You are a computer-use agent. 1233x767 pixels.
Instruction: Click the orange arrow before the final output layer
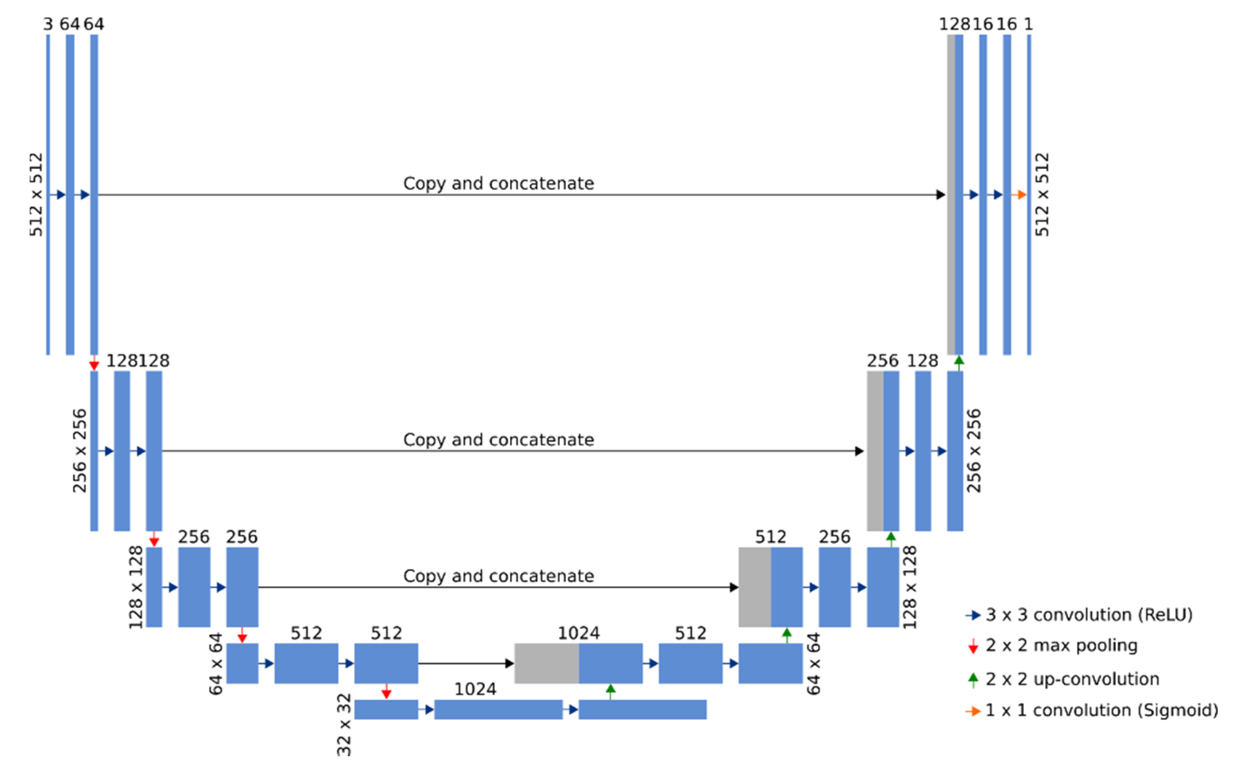click(1018, 195)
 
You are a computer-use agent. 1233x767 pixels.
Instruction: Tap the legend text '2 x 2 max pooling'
click(1061, 645)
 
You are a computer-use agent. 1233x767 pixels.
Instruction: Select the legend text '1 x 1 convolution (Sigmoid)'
click(1101, 710)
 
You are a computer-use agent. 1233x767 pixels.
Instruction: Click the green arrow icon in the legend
click(973, 680)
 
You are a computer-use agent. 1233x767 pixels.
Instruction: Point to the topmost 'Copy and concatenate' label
click(498, 183)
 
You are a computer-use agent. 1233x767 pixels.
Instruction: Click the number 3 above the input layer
click(48, 24)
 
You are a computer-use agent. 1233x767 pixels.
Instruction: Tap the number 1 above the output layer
click(1028, 24)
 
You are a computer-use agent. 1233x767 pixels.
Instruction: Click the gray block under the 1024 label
click(546, 663)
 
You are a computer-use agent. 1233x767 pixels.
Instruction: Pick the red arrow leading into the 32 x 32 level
click(387, 691)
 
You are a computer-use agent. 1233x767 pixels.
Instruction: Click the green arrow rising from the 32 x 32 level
click(611, 691)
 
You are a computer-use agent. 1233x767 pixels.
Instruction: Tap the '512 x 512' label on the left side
click(36, 195)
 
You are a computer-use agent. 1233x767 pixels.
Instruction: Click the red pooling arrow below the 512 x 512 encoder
click(94, 363)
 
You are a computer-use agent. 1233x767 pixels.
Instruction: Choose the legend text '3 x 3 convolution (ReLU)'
click(1088, 615)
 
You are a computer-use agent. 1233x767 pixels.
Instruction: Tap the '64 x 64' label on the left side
click(216, 663)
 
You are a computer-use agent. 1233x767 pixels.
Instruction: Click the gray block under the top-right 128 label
click(950, 195)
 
